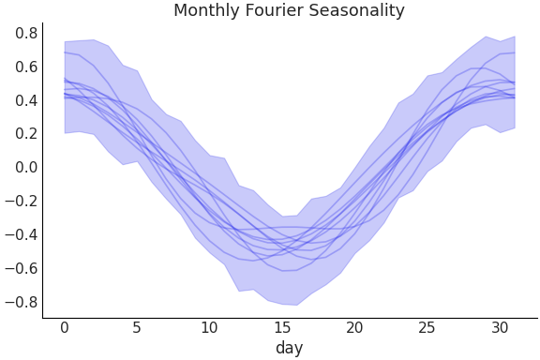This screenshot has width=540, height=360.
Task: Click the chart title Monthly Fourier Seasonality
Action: [289, 11]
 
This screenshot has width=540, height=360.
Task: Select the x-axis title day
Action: [289, 348]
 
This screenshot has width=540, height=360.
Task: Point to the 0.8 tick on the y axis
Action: [26, 33]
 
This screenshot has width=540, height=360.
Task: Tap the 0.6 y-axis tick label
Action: [26, 67]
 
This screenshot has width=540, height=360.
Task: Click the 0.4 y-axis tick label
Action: [26, 100]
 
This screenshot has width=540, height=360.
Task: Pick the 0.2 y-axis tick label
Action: [26, 134]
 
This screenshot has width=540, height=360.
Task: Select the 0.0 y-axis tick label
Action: [26, 168]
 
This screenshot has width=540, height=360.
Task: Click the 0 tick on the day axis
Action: [65, 327]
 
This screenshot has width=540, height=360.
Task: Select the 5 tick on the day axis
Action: [137, 327]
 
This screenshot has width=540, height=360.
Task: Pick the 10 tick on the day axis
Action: [209, 327]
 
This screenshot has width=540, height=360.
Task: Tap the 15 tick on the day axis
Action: [281, 327]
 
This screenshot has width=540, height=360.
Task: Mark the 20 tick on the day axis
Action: [354, 327]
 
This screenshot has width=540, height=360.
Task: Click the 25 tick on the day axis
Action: [427, 327]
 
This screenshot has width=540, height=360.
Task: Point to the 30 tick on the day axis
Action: [499, 327]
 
